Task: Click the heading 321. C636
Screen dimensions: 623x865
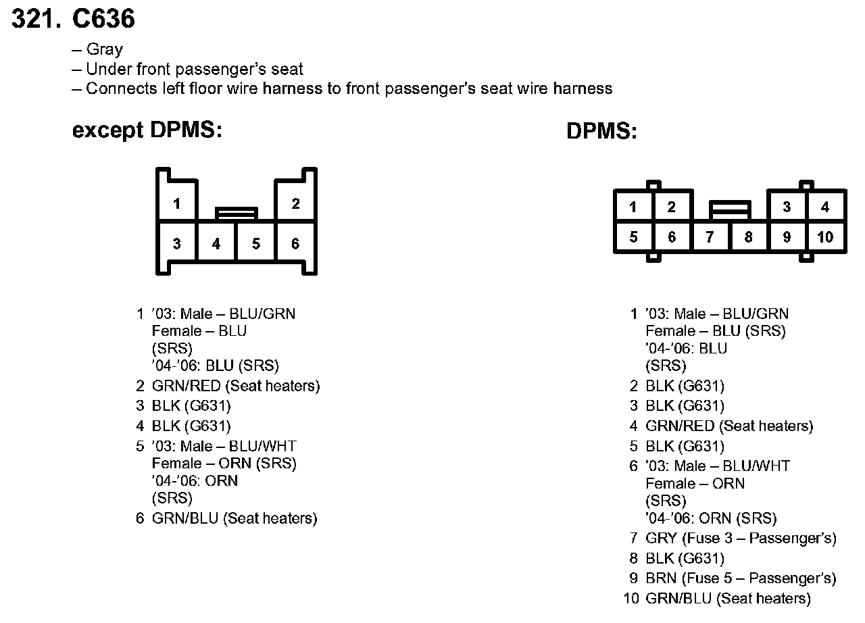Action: click(x=74, y=20)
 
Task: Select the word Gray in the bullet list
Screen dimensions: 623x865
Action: click(x=105, y=50)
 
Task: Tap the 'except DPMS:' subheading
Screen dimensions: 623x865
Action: click(x=147, y=130)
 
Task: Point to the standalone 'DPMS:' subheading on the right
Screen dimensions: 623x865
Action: click(x=601, y=132)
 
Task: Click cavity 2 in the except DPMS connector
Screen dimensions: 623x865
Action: click(x=295, y=203)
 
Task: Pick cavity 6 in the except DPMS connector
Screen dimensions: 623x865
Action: click(x=295, y=243)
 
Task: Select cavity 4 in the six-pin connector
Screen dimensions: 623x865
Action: click(x=216, y=243)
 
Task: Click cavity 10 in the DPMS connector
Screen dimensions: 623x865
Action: click(x=825, y=237)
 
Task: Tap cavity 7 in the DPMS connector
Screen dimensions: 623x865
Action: click(x=710, y=237)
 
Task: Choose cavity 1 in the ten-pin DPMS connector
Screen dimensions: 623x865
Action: click(x=633, y=207)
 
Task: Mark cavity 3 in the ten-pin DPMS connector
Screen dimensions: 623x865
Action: click(x=787, y=207)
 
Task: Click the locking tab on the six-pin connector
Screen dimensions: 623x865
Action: click(x=236, y=214)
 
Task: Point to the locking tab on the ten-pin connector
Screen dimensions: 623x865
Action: click(x=730, y=209)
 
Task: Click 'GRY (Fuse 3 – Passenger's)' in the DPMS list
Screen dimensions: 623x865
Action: click(x=741, y=539)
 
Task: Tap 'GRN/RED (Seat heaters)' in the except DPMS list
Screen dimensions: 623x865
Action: click(x=236, y=387)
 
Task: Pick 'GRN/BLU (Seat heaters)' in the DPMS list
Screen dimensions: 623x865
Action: click(x=728, y=599)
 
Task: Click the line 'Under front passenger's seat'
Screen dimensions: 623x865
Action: click(x=195, y=70)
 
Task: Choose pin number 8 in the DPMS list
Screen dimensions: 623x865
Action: click(x=633, y=559)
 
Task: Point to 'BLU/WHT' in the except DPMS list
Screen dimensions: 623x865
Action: click(x=263, y=447)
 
